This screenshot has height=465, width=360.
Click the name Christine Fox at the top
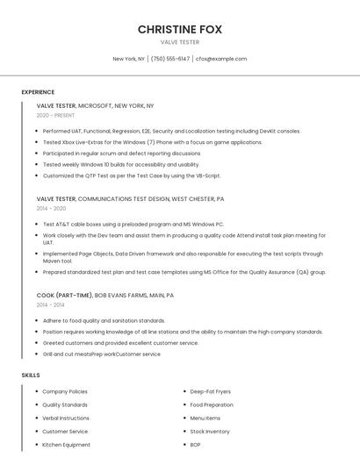tap(180, 29)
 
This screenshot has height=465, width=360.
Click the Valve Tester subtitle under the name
tap(180, 42)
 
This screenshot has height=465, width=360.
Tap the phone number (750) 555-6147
tap(170, 59)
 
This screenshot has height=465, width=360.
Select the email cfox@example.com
tap(221, 59)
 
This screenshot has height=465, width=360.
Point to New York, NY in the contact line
tap(129, 59)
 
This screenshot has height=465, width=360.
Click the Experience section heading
tap(38, 92)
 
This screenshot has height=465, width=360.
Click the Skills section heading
tap(31, 376)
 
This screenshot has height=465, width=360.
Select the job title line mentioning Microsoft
tap(95, 105)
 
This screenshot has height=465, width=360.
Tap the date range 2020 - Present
tap(55, 115)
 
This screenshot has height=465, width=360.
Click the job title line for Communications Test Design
tap(130, 199)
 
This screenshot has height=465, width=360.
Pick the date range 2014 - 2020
tap(51, 209)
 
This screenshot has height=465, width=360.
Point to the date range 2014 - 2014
tap(51, 305)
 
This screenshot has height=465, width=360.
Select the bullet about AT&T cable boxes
tap(133, 225)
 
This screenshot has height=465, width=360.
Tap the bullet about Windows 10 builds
tap(120, 164)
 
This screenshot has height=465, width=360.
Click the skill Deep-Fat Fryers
tap(212, 391)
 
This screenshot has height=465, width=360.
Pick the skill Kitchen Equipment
tap(66, 445)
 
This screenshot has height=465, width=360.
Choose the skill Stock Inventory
tap(210, 432)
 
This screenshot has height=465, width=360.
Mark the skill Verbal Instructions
tap(66, 418)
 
